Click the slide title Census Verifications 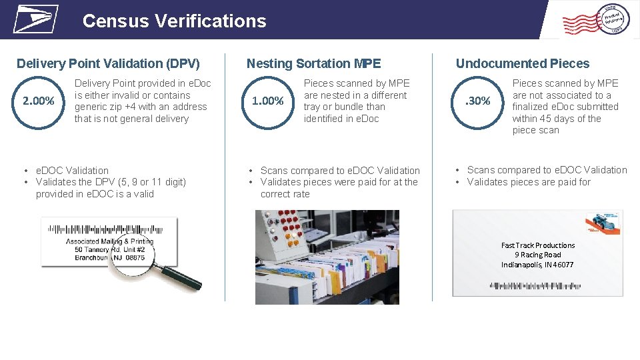click(174, 21)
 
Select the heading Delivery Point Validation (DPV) click(108, 64)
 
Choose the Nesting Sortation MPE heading click(313, 64)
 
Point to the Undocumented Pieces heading click(522, 64)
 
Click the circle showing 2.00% click(39, 101)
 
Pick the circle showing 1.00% click(268, 101)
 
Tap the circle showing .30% click(477, 101)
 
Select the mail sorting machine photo click(327, 257)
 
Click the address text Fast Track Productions click(537, 245)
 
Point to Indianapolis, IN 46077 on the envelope click(537, 265)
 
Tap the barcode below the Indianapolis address click(535, 285)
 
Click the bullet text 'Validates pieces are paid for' click(529, 182)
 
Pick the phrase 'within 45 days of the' click(556, 119)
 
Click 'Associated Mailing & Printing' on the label click(109, 241)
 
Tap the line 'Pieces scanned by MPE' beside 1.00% click(357, 83)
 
